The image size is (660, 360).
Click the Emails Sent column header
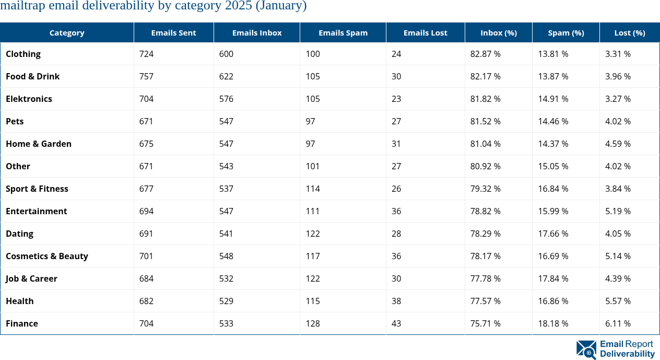tap(173, 32)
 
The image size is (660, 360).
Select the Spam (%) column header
tap(565, 32)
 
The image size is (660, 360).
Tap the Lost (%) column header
tap(629, 32)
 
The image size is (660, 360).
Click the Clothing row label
tap(23, 54)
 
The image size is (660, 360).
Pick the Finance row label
tap(22, 323)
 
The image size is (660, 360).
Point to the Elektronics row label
tap(29, 99)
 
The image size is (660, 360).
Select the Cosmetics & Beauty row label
tap(47, 256)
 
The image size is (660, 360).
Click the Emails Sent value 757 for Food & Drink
tap(146, 76)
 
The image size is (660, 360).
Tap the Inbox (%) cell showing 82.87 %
tap(485, 54)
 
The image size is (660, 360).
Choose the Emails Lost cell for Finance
tap(396, 323)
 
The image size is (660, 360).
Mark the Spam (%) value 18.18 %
tap(553, 323)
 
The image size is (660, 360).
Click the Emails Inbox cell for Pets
tap(226, 121)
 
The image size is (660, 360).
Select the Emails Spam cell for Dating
tap(313, 234)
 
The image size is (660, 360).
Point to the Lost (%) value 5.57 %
tap(618, 301)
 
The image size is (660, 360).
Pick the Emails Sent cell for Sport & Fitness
tap(146, 189)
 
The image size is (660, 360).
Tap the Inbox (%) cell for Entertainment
tap(485, 211)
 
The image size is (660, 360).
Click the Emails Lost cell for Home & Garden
tap(396, 144)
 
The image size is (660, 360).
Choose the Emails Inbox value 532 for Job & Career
tap(226, 278)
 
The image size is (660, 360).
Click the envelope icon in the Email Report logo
tap(586, 350)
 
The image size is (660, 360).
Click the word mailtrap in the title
tap(24, 6)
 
